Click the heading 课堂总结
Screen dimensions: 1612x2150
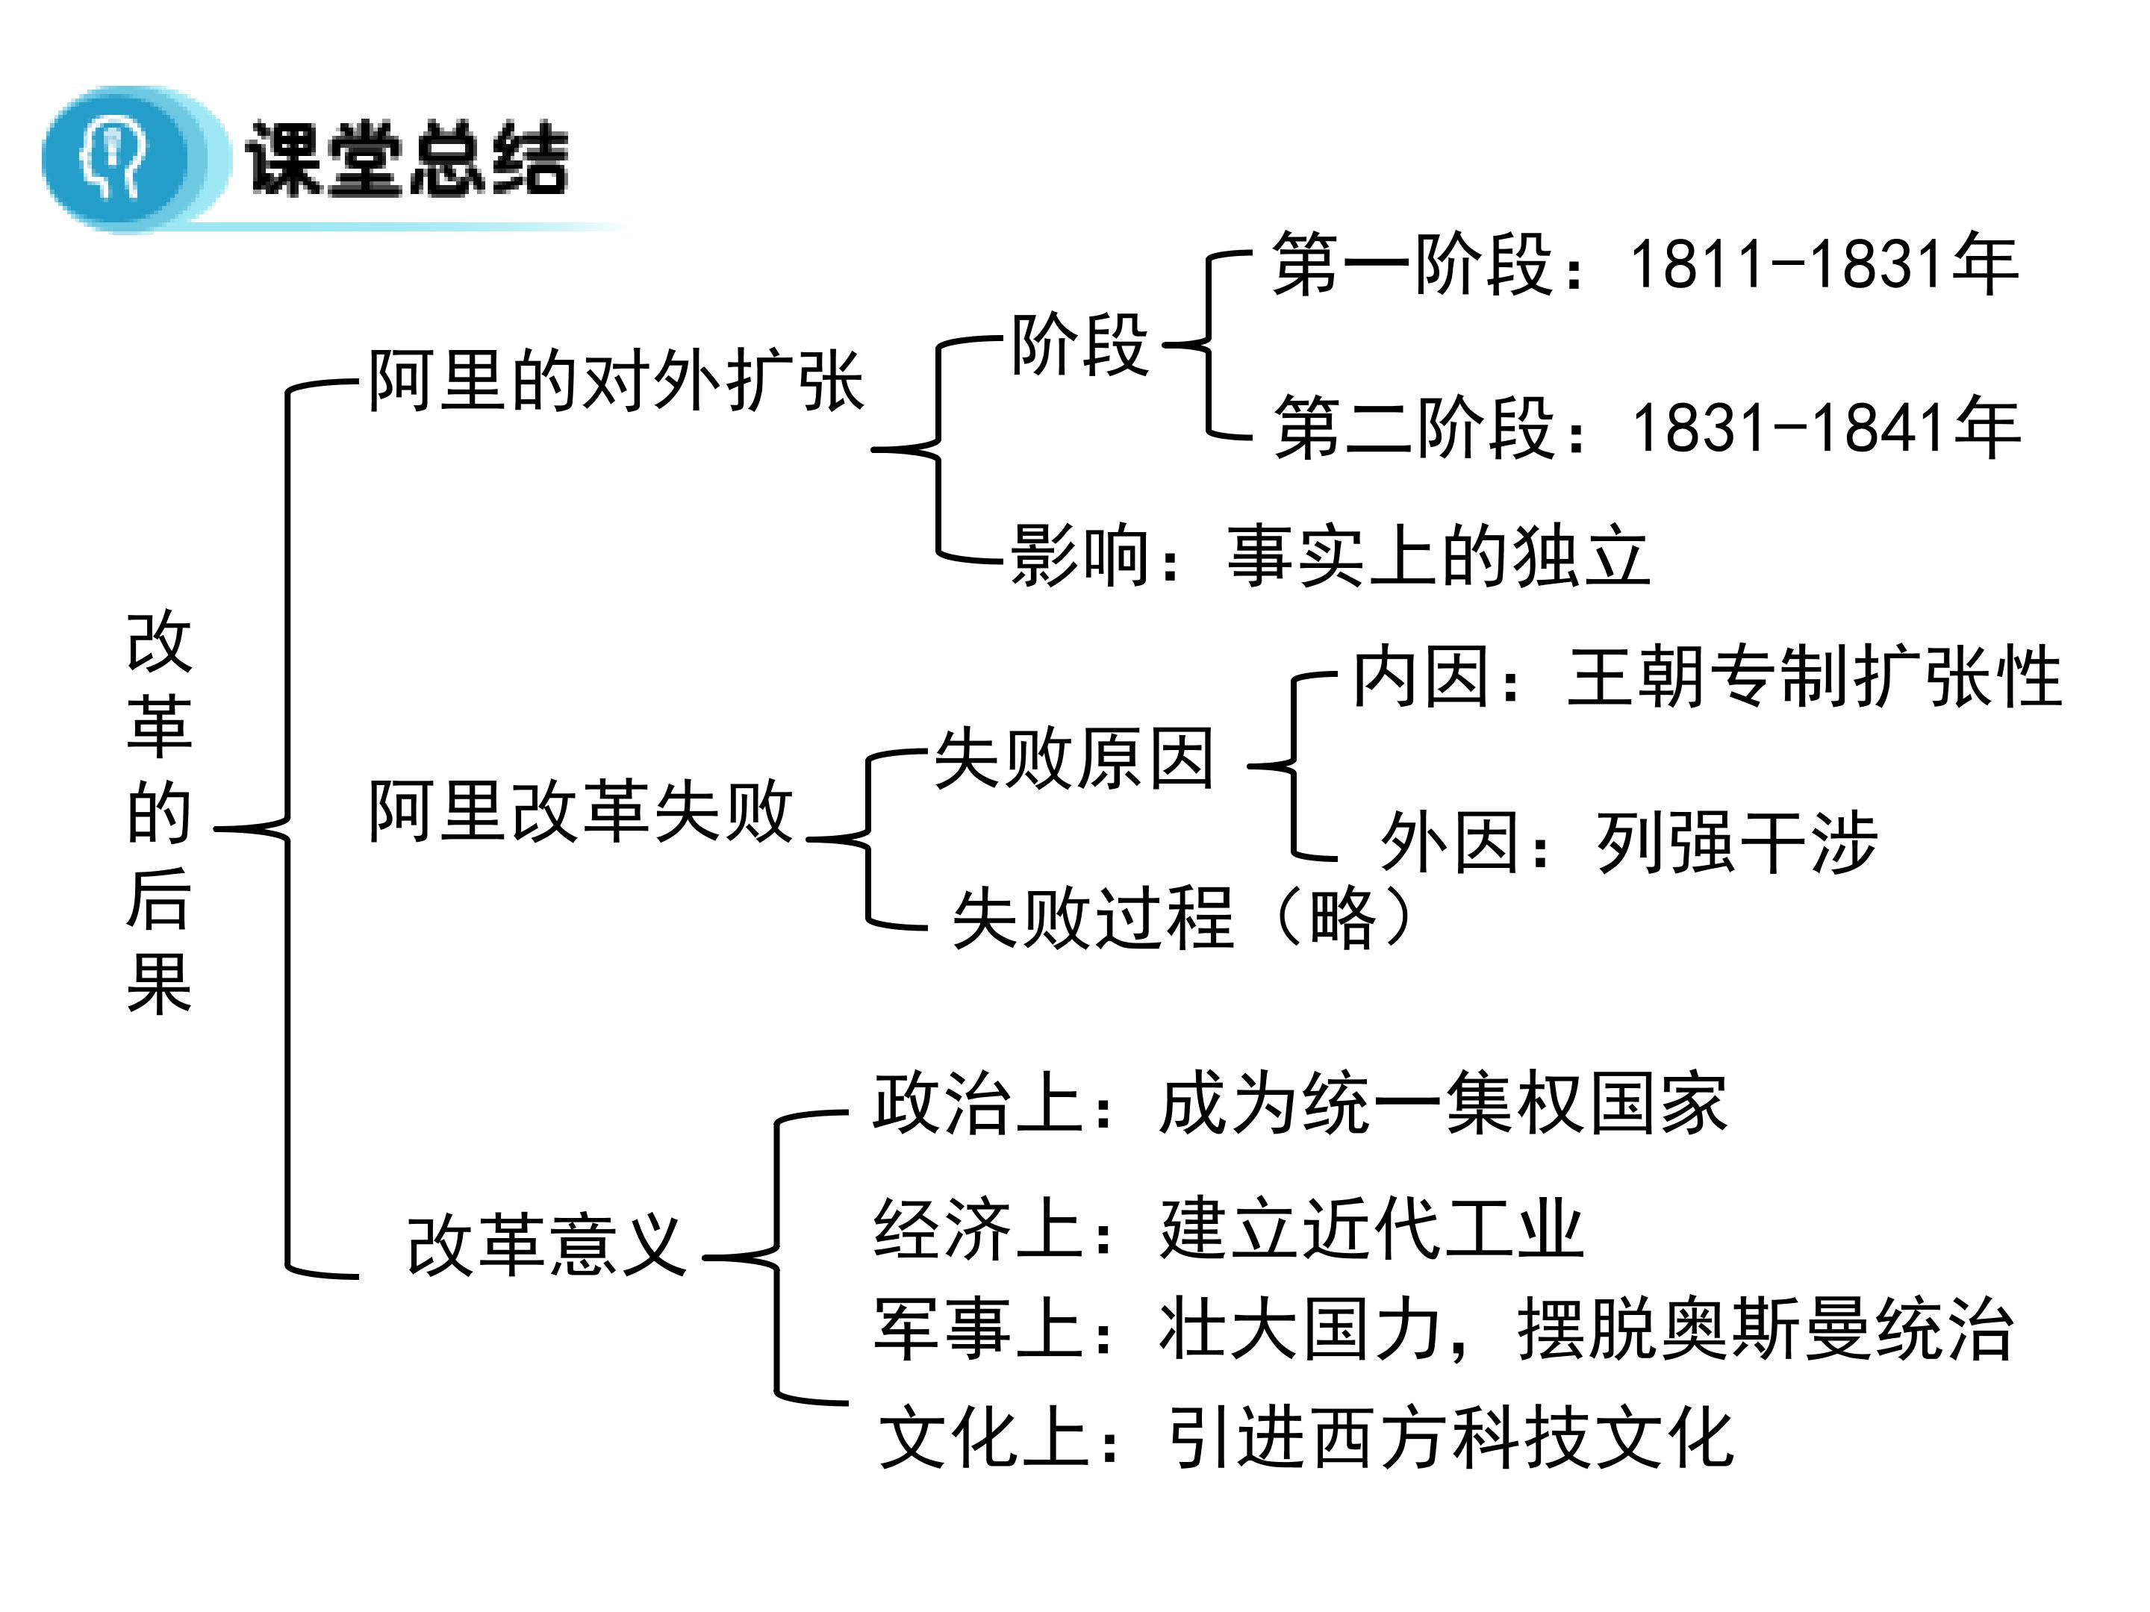coord(406,158)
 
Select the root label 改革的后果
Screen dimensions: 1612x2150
coord(160,811)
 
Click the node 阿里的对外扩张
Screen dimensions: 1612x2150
coord(615,381)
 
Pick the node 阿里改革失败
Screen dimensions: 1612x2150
coord(580,811)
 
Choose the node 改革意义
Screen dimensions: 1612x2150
coord(546,1246)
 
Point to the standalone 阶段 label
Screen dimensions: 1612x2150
coord(1079,345)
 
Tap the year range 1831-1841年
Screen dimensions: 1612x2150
coord(1825,428)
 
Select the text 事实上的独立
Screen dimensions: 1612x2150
coord(1439,557)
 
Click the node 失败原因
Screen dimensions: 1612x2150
coord(1074,759)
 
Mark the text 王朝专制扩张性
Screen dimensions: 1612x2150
coord(1814,677)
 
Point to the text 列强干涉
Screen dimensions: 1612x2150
coord(1736,843)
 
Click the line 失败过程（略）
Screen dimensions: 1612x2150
coord(1182,917)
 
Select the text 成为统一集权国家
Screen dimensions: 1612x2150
coord(1442,1104)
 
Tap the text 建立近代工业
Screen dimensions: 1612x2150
coord(1371,1229)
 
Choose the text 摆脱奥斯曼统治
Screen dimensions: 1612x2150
coord(1764,1329)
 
